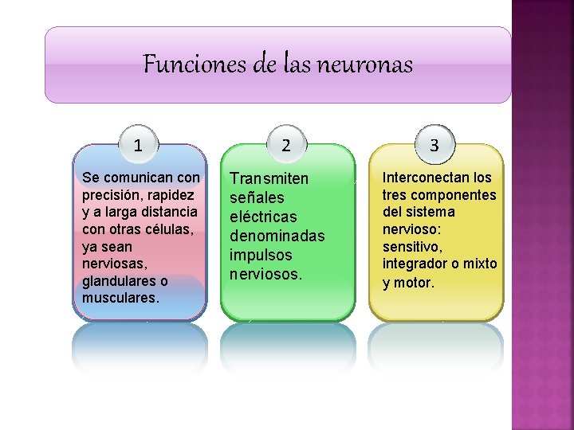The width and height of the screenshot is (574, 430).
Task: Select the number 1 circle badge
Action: point(139,145)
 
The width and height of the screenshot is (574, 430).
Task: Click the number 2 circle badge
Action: point(286,145)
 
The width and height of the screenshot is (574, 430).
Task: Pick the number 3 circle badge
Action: point(434,145)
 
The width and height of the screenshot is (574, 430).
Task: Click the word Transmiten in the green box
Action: point(269,178)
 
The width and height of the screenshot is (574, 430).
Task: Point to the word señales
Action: point(257,197)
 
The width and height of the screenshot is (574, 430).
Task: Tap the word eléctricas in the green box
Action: point(263,217)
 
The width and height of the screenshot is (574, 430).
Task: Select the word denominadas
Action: point(277,236)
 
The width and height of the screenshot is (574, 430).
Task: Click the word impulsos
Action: point(261,255)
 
